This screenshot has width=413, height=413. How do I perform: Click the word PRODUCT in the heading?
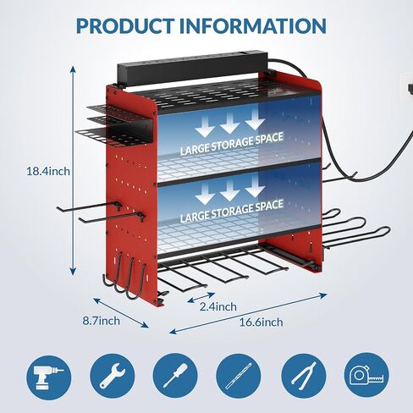[125, 25]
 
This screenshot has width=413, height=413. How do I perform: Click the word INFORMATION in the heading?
[253, 25]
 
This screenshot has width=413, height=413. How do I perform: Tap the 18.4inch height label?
[48, 171]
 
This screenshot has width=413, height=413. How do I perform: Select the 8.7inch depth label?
[101, 321]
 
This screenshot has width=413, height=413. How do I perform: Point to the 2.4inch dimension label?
[218, 306]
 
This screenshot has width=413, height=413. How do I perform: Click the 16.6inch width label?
[262, 322]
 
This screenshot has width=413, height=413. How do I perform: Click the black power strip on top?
[192, 67]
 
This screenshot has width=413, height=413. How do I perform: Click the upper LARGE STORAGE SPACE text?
[232, 144]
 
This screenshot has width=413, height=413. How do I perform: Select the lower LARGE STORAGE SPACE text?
[232, 211]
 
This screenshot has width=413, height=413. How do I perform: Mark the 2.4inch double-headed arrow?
[201, 298]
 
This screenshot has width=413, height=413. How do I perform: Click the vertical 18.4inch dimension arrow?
[73, 171]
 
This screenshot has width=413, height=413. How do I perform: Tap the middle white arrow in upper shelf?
[229, 123]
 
